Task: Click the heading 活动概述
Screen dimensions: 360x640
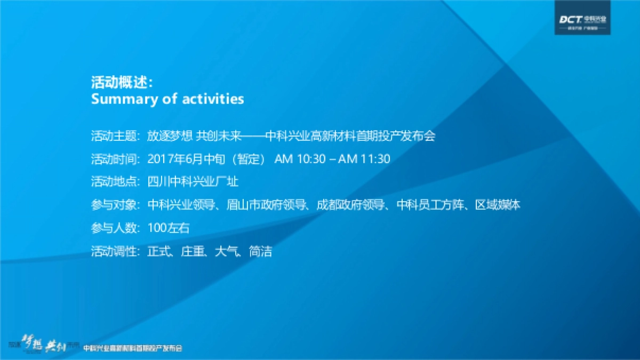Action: pyautogui.click(x=122, y=83)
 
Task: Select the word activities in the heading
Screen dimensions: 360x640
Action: pyautogui.click(x=213, y=99)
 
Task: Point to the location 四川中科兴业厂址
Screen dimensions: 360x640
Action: pyautogui.click(x=193, y=182)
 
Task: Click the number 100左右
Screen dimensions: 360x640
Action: pyautogui.click(x=169, y=228)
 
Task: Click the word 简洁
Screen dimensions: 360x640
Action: pyautogui.click(x=260, y=251)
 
